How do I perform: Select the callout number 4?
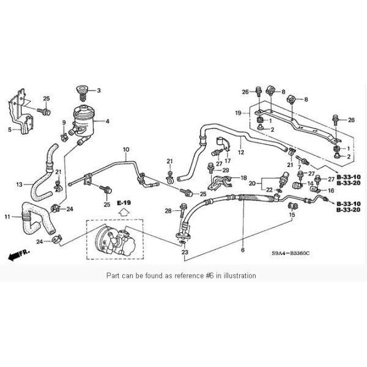[x=108, y=121]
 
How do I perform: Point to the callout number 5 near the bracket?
[x=9, y=129]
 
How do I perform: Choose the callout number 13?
[x=19, y=183]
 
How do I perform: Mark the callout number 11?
[x=7, y=217]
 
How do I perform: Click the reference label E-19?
[x=124, y=202]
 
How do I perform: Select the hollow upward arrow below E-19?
[x=124, y=213]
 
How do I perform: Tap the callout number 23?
[x=184, y=252]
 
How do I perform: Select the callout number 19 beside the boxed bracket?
[x=239, y=113]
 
